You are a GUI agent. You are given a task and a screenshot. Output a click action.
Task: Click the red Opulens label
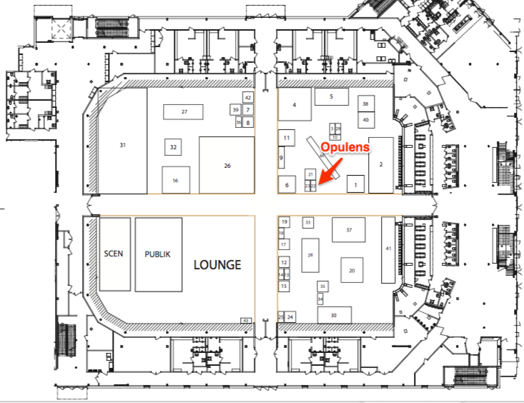point(345,147)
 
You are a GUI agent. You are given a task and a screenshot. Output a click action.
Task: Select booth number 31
point(122,145)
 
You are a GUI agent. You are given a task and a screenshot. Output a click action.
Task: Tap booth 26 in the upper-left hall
point(227,165)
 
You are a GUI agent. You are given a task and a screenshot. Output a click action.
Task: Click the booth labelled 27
point(184,112)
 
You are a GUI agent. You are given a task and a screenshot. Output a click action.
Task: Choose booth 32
point(173,147)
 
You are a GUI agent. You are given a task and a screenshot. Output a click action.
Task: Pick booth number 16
point(175,180)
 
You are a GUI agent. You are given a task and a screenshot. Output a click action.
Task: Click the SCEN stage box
point(114,254)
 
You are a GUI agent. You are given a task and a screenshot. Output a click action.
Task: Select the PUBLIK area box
point(158,254)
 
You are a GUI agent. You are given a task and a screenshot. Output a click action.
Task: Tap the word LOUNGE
point(217,264)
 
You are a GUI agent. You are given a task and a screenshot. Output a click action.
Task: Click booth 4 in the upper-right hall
point(294,106)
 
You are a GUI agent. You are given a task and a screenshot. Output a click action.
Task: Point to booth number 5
point(332,96)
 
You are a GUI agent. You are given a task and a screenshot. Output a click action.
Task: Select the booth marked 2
point(381,164)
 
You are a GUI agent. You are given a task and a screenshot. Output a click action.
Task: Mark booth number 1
point(355,185)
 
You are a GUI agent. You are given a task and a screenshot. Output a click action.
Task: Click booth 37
point(349,230)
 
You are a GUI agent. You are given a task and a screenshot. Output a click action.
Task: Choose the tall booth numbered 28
point(310,254)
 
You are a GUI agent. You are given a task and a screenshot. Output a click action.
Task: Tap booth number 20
point(352,271)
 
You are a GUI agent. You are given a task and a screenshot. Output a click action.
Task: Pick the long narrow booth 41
point(388,249)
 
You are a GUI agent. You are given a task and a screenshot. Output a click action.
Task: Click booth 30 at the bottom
point(334,315)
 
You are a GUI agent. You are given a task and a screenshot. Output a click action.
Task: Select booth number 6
point(287,184)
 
